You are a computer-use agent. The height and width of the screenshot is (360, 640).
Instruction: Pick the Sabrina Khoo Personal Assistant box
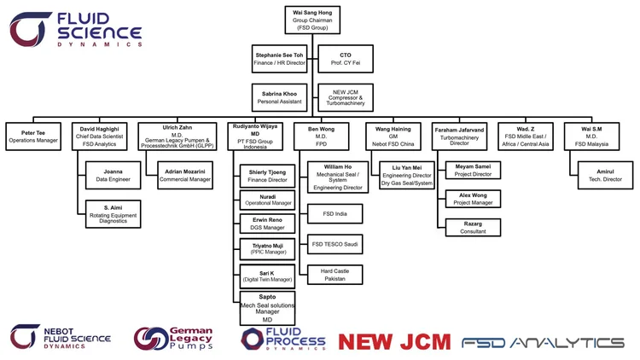point(278,98)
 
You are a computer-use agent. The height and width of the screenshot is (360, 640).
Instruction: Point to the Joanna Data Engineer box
point(113,177)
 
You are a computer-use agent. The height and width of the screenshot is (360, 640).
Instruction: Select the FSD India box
point(334,213)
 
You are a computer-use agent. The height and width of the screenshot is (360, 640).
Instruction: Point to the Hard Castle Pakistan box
point(334,275)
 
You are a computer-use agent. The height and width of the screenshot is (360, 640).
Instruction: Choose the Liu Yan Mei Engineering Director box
point(407,175)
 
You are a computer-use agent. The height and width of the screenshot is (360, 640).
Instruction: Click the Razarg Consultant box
point(473,227)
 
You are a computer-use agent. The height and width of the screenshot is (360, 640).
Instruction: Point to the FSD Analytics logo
point(543,342)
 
